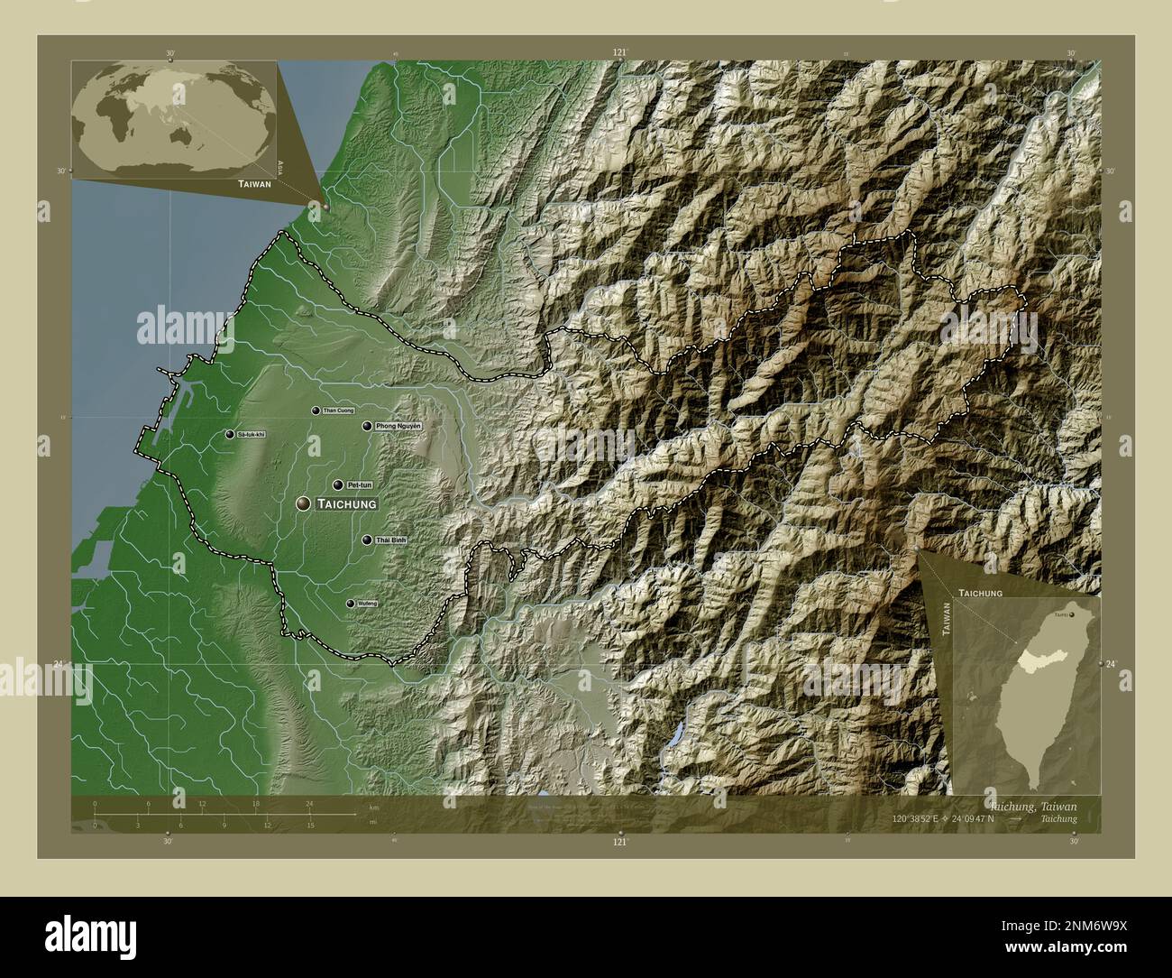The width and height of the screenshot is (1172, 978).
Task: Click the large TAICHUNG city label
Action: pyautogui.click(x=346, y=505)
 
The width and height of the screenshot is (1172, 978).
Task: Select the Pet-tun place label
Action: pyautogui.click(x=360, y=484)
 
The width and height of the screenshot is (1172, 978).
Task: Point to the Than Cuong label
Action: pyautogui.click(x=338, y=411)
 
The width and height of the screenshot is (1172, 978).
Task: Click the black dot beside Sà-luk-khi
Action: pyautogui.click(x=230, y=435)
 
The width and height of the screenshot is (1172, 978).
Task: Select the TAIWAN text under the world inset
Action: pyautogui.click(x=254, y=183)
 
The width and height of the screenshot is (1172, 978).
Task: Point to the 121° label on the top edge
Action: pyautogui.click(x=618, y=52)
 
